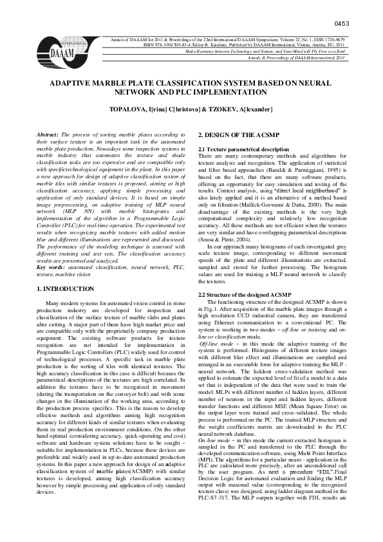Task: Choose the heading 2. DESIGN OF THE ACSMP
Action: (238, 134)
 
